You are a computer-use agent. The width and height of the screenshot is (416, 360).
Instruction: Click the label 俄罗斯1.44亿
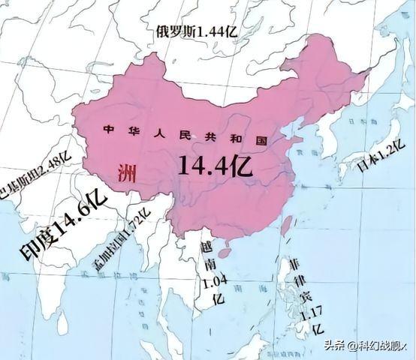[197, 31]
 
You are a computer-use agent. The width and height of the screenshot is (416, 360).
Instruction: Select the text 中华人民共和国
[185, 136]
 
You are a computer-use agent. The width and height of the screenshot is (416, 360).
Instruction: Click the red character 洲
[127, 175]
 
